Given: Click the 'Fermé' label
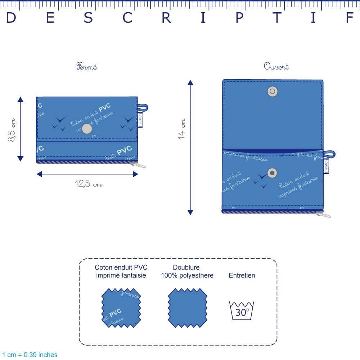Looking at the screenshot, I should (87, 67).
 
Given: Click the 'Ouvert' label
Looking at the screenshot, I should (276, 67).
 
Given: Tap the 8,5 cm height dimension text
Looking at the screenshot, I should (12, 130).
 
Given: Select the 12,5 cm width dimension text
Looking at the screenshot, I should (88, 184).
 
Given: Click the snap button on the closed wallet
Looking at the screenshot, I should (87, 129).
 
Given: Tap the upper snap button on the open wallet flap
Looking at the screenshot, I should (273, 91).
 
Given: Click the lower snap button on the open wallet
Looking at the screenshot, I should (273, 173).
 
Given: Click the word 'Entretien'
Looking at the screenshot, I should (242, 276).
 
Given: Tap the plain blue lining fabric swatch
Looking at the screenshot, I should (188, 308).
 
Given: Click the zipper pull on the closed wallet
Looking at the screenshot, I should (139, 165).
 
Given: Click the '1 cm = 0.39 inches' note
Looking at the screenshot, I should (30, 355).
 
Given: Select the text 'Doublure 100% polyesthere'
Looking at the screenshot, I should (187, 272).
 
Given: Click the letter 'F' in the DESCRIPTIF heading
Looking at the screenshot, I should (350, 18).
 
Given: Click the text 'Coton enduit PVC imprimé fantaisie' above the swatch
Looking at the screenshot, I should (121, 272).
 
